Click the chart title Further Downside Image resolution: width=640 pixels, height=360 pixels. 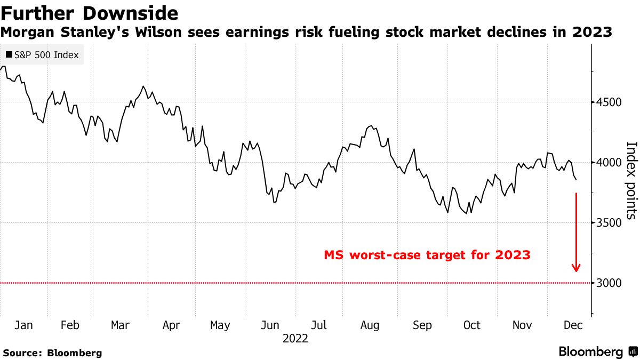pyautogui.click(x=89, y=12)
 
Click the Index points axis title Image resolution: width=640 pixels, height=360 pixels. pyautogui.click(x=631, y=180)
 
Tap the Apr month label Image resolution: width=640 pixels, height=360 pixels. pyautogui.click(x=171, y=325)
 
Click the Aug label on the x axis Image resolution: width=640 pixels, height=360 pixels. pyautogui.click(x=370, y=325)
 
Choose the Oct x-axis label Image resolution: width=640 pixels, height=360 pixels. pyautogui.click(x=471, y=325)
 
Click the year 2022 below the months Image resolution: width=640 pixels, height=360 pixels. pyautogui.click(x=295, y=339)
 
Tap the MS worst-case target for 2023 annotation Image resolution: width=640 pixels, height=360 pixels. pyautogui.click(x=427, y=255)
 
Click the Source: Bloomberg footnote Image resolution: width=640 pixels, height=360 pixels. pyautogui.click(x=52, y=353)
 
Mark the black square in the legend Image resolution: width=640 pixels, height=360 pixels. pyautogui.click(x=9, y=54)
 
